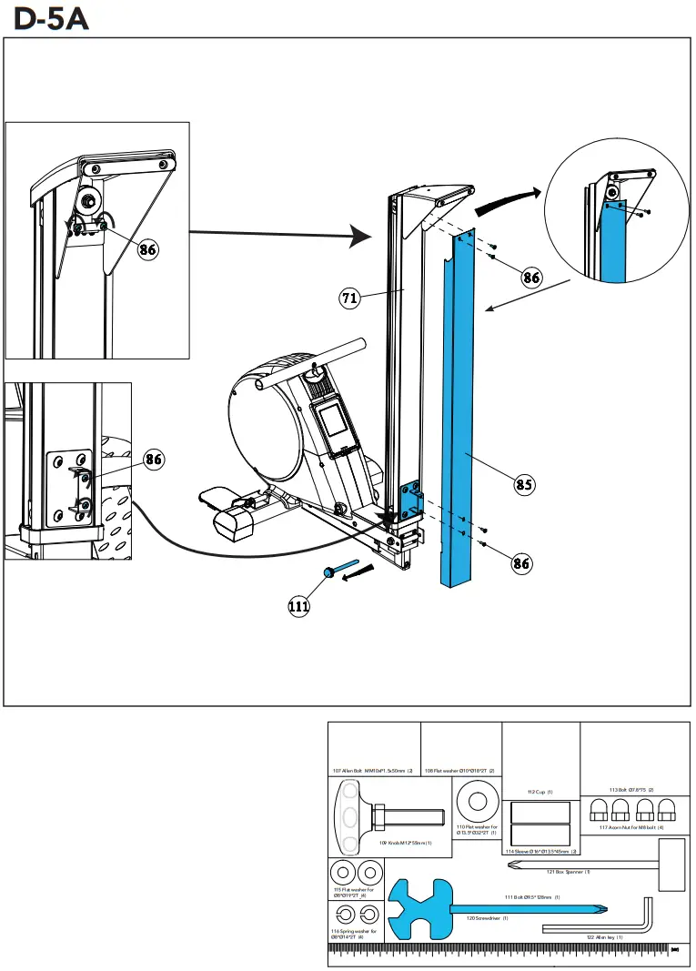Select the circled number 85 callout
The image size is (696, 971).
pos(524,484)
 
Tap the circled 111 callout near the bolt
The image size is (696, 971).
pos(299,607)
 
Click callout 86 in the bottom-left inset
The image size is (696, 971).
pos(155,460)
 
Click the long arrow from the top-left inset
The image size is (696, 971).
pos(283,235)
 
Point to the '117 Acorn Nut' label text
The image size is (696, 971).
pos(631,826)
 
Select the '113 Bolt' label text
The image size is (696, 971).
pos(631,789)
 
